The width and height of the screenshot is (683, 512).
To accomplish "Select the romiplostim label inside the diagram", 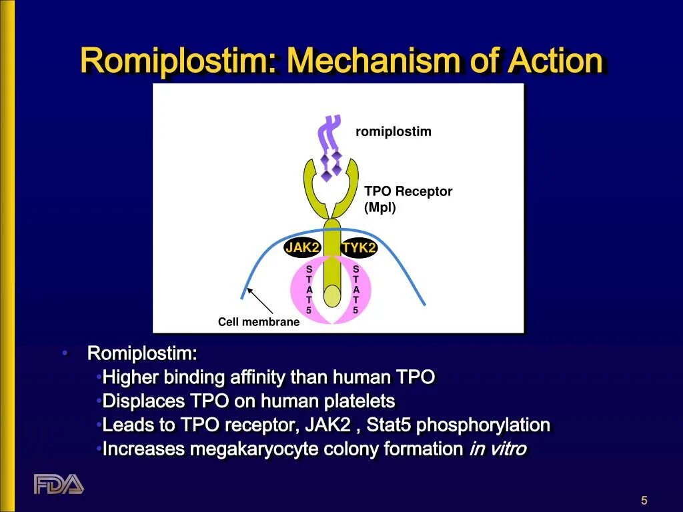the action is click(x=394, y=131).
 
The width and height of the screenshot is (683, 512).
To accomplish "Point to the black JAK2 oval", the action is click(x=303, y=248).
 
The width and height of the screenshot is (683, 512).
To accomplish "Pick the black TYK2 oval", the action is click(x=360, y=248).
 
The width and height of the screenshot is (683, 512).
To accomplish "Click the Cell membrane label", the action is click(x=259, y=322).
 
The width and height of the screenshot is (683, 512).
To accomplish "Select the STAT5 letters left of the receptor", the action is click(x=309, y=289).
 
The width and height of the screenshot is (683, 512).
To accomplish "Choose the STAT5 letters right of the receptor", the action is click(x=356, y=289).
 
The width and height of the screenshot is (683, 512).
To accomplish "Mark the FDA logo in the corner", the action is click(x=59, y=483).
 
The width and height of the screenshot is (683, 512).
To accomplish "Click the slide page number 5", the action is click(x=644, y=501).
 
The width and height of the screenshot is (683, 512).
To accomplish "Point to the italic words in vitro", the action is click(x=498, y=449).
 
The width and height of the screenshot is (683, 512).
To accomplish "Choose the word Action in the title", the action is click(x=555, y=61).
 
